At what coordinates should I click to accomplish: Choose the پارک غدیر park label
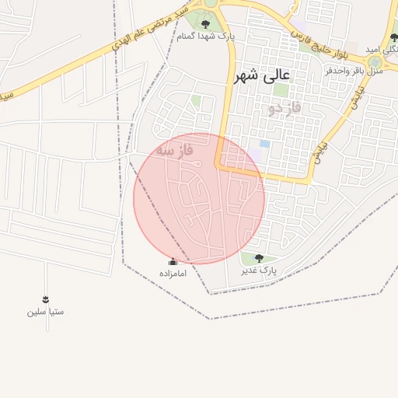pos(259,270)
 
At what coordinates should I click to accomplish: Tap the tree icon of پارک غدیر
pos(259,258)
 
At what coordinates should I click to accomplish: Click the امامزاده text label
pos(173,274)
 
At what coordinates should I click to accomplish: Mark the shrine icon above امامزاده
pos(173,262)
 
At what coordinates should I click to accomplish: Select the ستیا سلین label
pos(45,312)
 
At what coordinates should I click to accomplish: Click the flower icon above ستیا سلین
pos(45,299)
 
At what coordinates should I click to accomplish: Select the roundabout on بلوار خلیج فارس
pos(375,61)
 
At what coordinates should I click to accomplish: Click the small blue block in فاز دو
pos(265,144)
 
